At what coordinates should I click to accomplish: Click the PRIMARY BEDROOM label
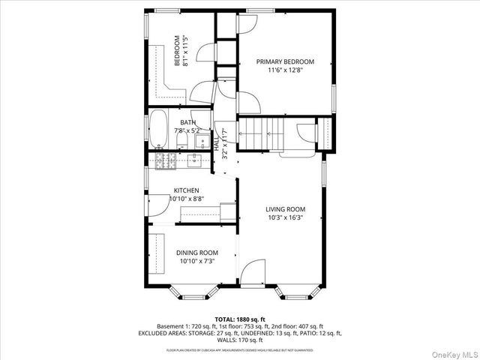(285, 61)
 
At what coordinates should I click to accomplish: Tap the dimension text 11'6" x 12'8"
(285, 70)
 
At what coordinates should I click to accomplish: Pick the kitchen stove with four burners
(164, 159)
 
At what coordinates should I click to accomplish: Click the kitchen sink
(195, 159)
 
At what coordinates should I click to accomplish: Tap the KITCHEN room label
(186, 190)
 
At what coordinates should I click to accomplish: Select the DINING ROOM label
(197, 253)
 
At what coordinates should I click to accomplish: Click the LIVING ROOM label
(285, 209)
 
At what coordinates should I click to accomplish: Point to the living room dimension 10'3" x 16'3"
(285, 218)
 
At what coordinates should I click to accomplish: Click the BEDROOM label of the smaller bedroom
(177, 51)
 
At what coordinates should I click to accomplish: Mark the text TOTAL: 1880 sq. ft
(239, 319)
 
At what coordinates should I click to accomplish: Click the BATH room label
(187, 122)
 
